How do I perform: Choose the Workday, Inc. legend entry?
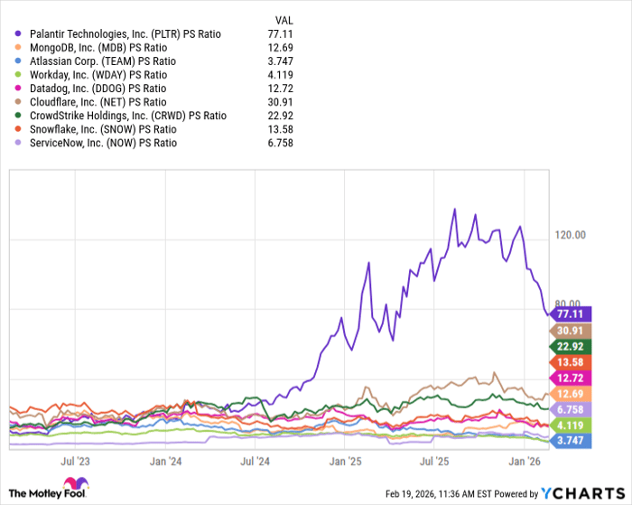click(x=99, y=75)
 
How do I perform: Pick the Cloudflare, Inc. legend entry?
click(x=100, y=102)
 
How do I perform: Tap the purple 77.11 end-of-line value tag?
click(x=571, y=314)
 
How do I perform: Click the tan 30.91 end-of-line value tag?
click(x=571, y=332)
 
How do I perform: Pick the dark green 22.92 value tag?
click(x=571, y=346)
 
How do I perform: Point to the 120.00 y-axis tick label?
click(x=572, y=235)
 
